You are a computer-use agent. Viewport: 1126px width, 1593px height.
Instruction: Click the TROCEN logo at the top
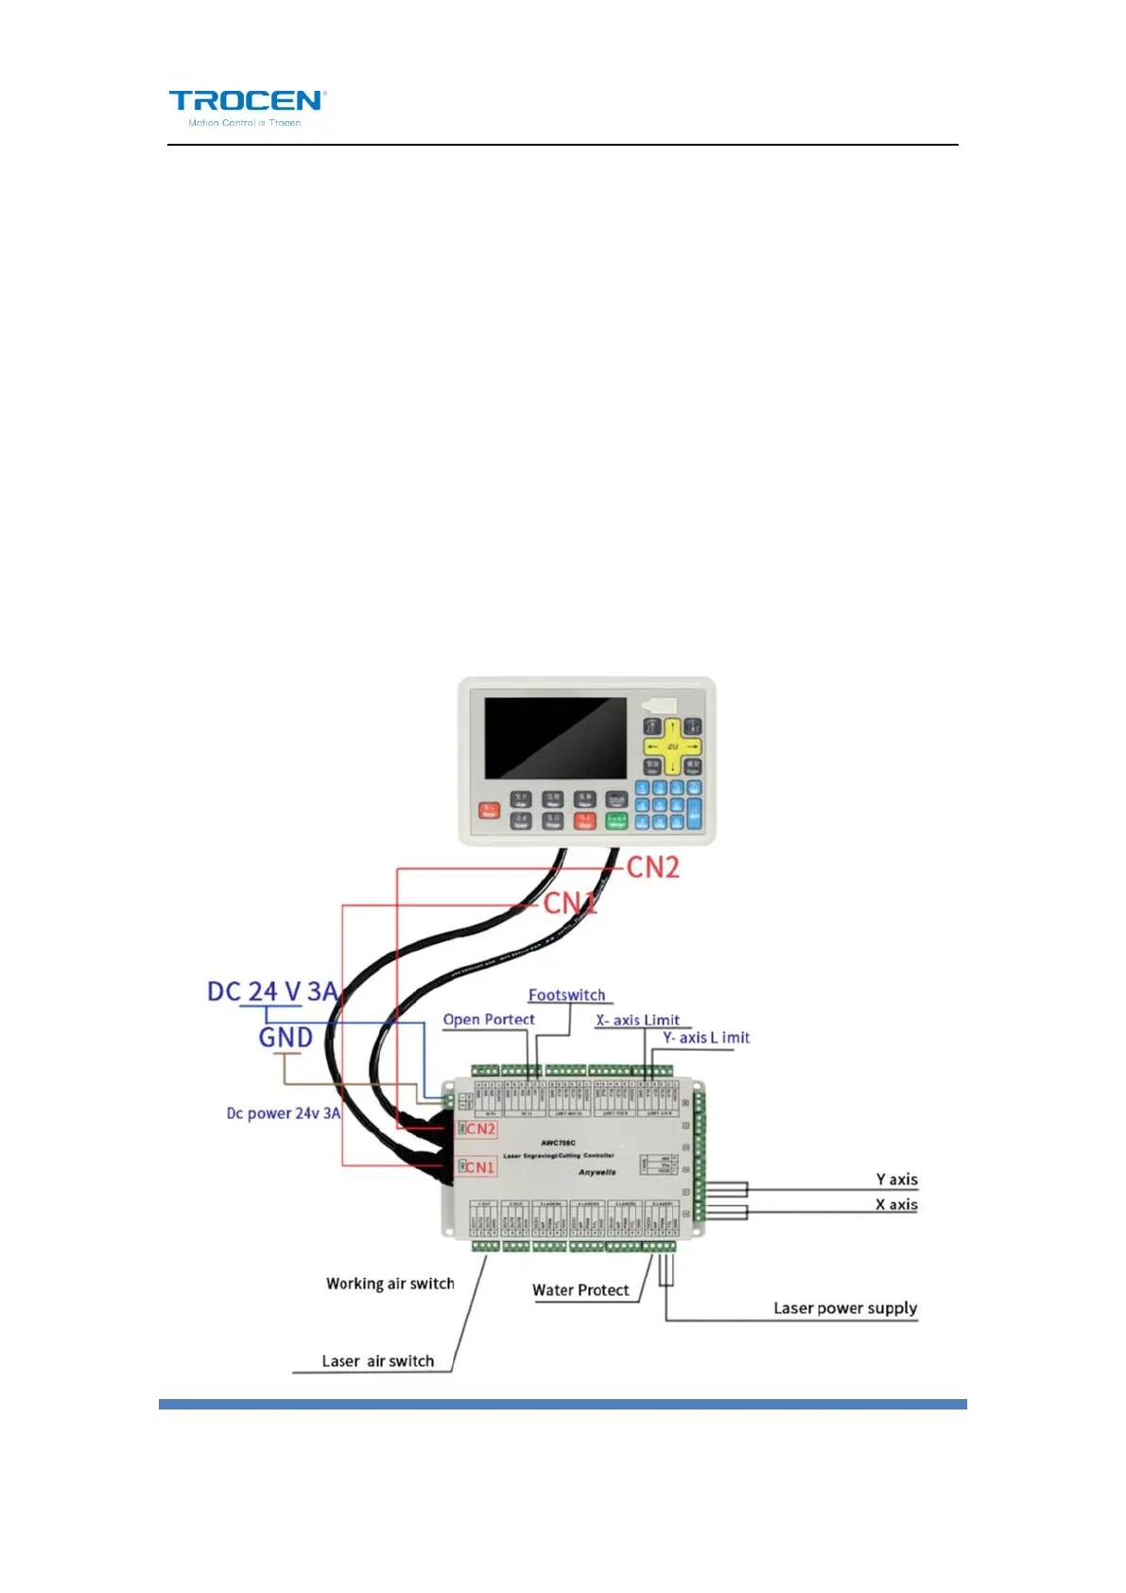coord(248,107)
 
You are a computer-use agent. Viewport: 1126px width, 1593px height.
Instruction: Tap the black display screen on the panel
coord(555,738)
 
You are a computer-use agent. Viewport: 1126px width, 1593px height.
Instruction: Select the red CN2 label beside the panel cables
coord(652,867)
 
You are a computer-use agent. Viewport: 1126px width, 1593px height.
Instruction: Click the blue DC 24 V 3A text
coord(272,991)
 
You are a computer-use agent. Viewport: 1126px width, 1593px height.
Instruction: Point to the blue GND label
coord(286,1038)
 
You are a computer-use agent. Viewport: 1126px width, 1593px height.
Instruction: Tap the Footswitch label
coord(566,995)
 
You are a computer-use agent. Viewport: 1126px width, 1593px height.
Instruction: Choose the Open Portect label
coord(489,1020)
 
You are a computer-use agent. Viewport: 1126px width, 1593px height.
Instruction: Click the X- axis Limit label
coord(638,1020)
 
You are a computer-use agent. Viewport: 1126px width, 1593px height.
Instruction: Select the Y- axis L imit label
coord(706,1038)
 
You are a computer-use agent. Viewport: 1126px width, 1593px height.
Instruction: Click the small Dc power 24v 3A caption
coord(283,1113)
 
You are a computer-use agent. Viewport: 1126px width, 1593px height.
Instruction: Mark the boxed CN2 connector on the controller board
coord(478,1129)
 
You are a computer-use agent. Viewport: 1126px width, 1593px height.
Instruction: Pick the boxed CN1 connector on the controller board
coord(477,1167)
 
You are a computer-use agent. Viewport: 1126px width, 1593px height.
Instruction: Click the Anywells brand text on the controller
coord(597,1172)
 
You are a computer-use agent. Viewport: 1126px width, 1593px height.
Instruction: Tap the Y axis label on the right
coord(896,1180)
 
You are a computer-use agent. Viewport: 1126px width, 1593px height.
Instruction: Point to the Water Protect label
coord(580,1290)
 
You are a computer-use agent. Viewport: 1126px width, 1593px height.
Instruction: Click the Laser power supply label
coord(845,1308)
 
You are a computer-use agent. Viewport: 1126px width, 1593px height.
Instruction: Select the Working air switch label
coord(390,1284)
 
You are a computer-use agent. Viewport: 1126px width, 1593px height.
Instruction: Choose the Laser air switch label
coord(377,1361)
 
